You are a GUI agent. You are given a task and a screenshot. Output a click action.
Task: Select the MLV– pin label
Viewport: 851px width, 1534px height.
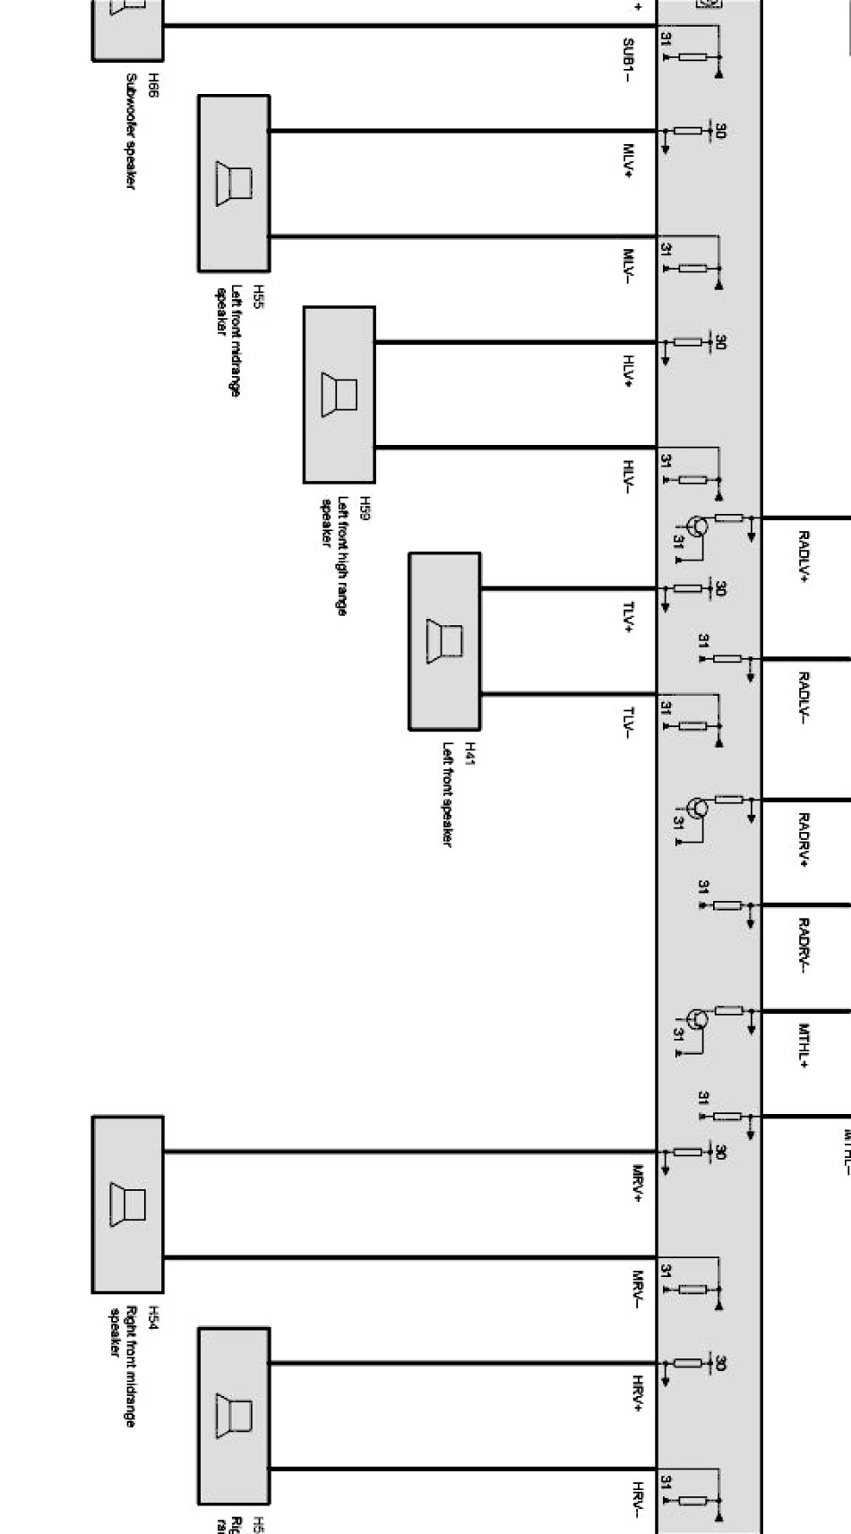click(x=629, y=267)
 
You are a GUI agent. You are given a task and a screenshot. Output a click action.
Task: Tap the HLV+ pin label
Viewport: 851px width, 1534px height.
click(x=629, y=371)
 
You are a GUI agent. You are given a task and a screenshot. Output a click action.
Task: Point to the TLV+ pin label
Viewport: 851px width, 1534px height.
click(x=629, y=617)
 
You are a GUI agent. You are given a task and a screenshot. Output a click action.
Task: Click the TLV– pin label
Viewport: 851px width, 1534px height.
click(x=629, y=723)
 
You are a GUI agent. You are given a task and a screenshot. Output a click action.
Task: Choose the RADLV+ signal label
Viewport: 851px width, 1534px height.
click(x=804, y=557)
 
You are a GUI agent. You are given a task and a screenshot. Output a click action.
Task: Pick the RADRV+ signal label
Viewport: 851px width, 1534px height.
click(x=804, y=839)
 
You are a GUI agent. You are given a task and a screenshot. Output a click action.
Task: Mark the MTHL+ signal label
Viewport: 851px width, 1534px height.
click(x=804, y=1045)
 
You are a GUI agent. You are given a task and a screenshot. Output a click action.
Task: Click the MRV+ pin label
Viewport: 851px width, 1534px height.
click(x=638, y=1183)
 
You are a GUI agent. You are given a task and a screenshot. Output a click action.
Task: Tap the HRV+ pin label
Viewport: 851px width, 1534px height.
click(x=638, y=1394)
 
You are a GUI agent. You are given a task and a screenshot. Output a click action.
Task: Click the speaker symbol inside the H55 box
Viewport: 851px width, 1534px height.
click(x=233, y=184)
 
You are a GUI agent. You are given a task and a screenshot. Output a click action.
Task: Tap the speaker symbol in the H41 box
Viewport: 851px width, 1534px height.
click(x=444, y=640)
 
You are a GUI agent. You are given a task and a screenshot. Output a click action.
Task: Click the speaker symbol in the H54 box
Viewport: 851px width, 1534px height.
click(x=127, y=1203)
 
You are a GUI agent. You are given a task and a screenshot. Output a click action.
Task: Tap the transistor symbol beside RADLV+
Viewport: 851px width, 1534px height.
click(x=695, y=527)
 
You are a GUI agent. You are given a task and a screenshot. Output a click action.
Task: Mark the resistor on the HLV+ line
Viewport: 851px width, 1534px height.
click(x=687, y=341)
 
